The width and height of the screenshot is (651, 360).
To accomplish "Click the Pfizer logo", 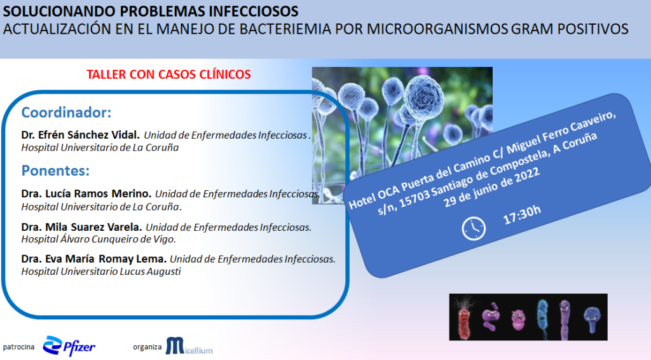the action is (x=69, y=346).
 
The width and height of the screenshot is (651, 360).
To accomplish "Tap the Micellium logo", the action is (x=189, y=346).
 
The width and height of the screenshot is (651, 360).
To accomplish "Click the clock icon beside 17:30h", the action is (x=474, y=228).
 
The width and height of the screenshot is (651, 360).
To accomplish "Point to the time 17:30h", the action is (x=522, y=214).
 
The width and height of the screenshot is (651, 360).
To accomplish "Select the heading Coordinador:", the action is (x=66, y=113).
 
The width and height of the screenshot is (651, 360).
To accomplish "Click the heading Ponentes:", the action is (x=56, y=170).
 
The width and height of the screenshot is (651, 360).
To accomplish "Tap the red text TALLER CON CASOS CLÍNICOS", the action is (x=168, y=74).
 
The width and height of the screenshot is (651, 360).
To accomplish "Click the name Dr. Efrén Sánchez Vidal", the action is (x=81, y=135).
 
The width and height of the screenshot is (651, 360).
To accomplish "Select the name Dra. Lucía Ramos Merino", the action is (x=86, y=194).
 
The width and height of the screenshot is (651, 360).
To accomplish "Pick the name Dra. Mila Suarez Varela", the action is (x=82, y=227).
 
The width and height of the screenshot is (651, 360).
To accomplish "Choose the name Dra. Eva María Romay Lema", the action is (x=94, y=259).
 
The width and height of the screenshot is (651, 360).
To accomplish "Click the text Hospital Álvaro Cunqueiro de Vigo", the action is (x=99, y=239).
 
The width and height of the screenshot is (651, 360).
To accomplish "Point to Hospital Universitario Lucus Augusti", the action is (x=101, y=272).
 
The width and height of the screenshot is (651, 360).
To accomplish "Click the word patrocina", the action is (x=18, y=347).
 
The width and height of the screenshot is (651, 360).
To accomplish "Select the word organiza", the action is (x=147, y=347).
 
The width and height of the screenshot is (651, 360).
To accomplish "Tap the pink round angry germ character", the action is (x=517, y=320).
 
